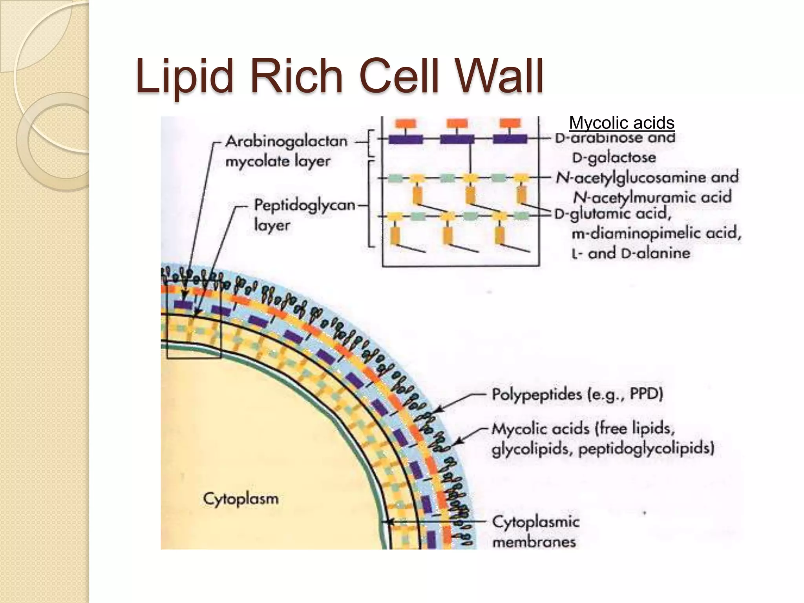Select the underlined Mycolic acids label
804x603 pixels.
point(621,123)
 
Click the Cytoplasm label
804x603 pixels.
point(241,499)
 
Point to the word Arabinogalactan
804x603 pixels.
point(286,141)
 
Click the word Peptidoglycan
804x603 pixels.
point(304,205)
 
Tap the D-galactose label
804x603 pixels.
point(614,158)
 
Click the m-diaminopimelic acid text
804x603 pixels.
point(656,234)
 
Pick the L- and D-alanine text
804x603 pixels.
point(630,253)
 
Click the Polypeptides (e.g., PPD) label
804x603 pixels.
point(577,394)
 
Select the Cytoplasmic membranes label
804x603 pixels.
point(535,532)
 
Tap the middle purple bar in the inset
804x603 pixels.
point(457,139)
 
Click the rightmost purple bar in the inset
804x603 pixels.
point(510,139)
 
